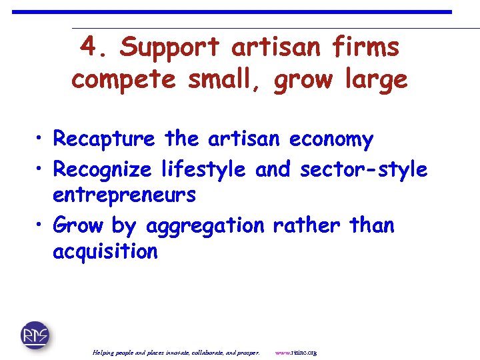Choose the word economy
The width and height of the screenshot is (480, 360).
tap(331, 139)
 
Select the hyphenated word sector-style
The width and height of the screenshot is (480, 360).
tap(364, 170)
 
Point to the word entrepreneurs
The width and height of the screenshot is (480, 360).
tap(124, 195)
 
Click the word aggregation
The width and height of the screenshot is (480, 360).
tap(203, 226)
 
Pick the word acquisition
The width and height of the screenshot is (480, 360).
tap(105, 251)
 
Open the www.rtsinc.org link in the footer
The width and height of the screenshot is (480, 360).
tap(296, 352)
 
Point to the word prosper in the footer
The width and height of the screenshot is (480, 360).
tap(247, 352)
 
